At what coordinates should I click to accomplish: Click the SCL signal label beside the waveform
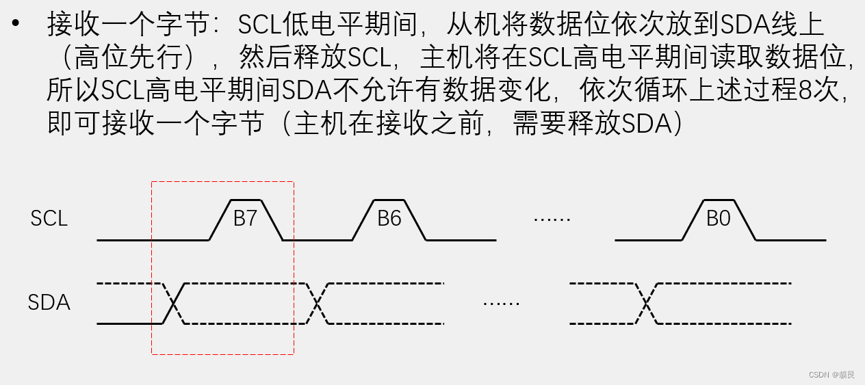coord(49,219)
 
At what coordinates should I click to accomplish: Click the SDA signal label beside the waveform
coord(49,302)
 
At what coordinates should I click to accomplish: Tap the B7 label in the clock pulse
coord(245,219)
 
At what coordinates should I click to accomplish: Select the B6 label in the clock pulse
coord(389,219)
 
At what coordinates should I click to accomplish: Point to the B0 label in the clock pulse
coord(719,219)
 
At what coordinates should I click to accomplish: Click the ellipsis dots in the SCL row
coord(552,220)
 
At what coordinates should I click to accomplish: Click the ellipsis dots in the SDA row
coord(501,302)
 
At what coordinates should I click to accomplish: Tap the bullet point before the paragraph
coord(16,25)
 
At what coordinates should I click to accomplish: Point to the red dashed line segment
coord(222,354)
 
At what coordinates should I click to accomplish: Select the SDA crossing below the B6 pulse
coord(317,303)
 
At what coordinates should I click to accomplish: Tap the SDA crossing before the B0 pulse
coord(646,303)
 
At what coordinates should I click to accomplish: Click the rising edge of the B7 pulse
coord(218,220)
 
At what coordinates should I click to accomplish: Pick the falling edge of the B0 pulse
coord(746,220)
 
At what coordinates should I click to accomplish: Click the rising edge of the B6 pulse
coord(363,220)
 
